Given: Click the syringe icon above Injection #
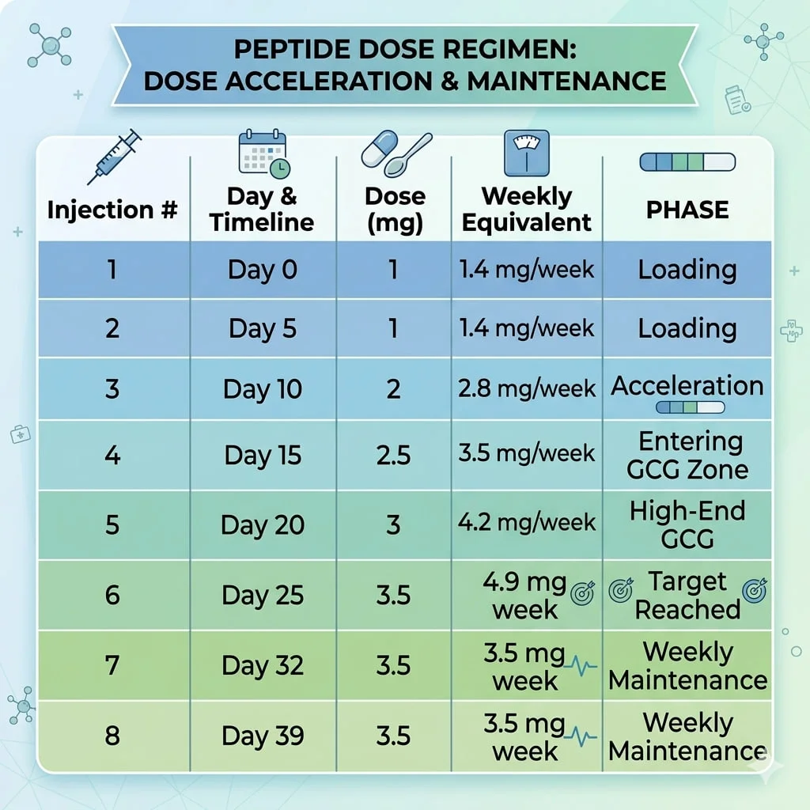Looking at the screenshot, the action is click(115, 157).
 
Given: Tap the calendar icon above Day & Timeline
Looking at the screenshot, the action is click(264, 153).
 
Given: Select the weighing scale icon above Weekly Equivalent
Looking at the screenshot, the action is click(526, 153).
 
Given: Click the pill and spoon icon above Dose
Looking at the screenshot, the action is click(396, 153).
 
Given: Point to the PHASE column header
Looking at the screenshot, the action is click(687, 210).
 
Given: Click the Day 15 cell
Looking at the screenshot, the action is click(263, 456).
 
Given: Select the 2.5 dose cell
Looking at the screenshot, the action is click(393, 455).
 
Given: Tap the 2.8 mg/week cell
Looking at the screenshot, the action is click(526, 388).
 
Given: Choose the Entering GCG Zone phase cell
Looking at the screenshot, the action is click(687, 456).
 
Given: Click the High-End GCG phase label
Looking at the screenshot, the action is click(687, 525).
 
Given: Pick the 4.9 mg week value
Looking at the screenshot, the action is click(525, 596).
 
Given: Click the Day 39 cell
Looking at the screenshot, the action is click(263, 736).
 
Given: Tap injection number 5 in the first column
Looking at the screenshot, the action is click(112, 525).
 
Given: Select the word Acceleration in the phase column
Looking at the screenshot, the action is click(687, 386).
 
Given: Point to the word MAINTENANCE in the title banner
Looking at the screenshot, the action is click(566, 81).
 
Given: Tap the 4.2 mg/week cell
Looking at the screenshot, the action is click(526, 522).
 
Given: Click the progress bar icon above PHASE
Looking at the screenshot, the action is click(687, 161).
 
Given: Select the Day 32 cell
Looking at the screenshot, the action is click(263, 665).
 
